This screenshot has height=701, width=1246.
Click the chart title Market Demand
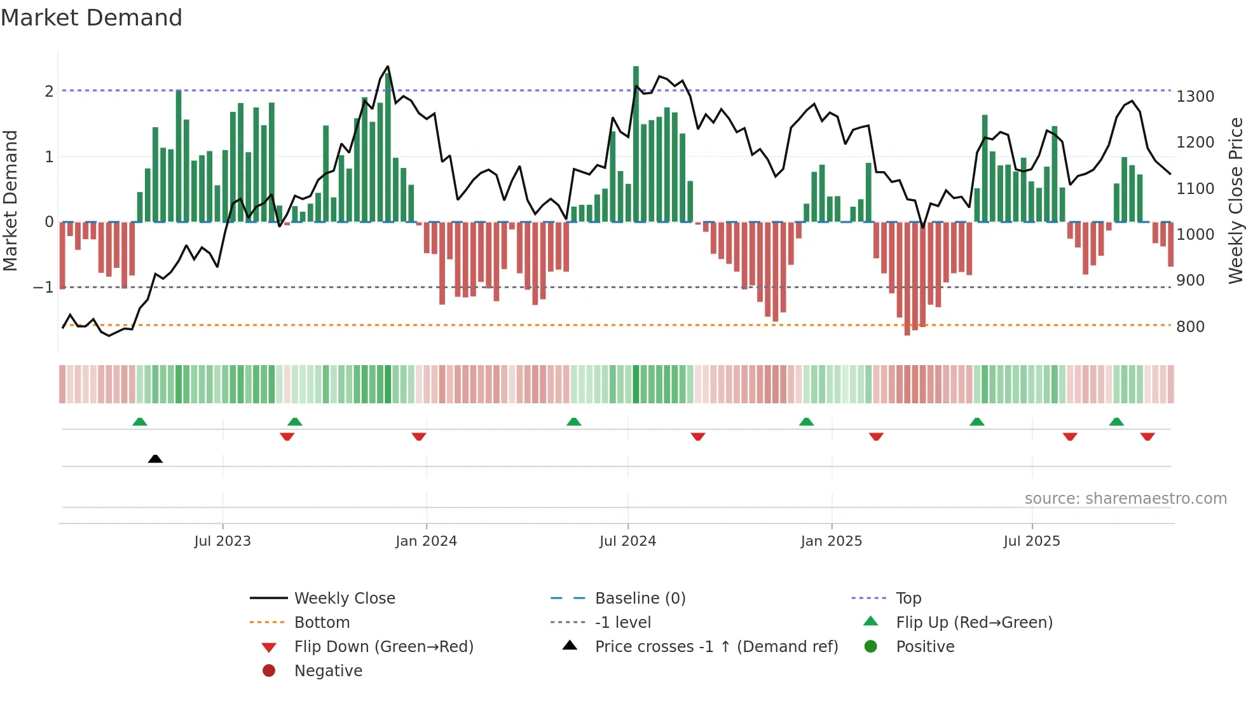[92, 18]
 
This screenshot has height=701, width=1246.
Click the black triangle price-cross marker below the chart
[155, 459]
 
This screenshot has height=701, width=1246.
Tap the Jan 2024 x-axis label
[426, 541]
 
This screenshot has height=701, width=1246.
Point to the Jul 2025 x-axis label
[1032, 541]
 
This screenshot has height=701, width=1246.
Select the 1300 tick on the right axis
[1195, 97]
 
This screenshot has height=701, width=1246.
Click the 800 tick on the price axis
[1191, 327]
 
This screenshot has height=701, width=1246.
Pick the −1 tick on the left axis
[43, 288]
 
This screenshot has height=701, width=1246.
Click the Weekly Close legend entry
[344, 599]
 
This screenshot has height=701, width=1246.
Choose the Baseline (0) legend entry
[640, 599]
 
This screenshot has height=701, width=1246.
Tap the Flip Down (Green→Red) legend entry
[383, 647]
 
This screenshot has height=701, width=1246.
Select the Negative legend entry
[328, 671]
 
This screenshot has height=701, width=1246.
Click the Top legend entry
[908, 599]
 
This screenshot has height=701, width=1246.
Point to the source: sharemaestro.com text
[1125, 499]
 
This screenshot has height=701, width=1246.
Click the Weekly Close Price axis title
[1235, 200]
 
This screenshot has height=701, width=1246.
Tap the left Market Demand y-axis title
[10, 200]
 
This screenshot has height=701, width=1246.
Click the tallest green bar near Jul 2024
[636, 143]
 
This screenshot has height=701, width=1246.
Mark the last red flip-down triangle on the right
[1147, 436]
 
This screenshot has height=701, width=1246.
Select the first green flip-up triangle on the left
[140, 422]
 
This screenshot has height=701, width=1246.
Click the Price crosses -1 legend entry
[716, 647]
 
